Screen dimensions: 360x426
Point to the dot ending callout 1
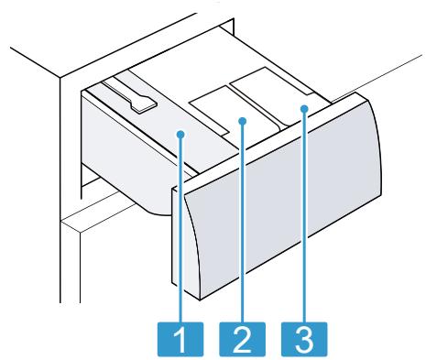pos(183,135)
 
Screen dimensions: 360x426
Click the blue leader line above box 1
pos(183,229)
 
